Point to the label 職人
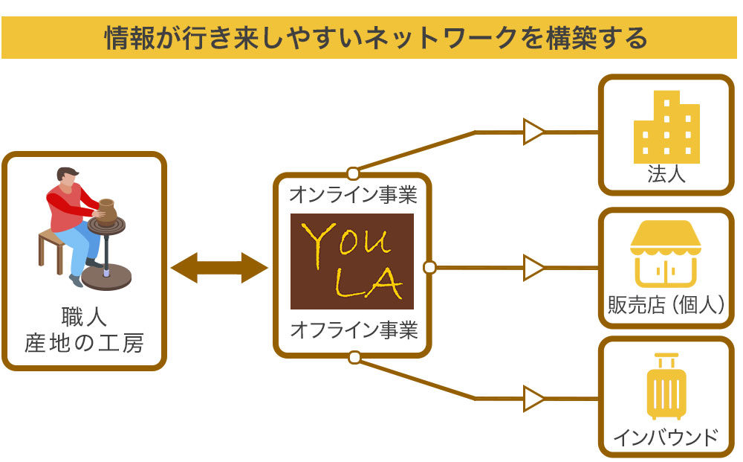click(83, 317)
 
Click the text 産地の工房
click(83, 344)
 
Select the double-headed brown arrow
click(219, 268)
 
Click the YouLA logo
click(351, 261)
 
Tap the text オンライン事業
click(352, 196)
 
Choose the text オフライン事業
click(352, 330)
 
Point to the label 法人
click(666, 176)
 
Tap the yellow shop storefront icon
click(666, 254)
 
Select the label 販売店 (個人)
click(666, 304)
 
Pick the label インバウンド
click(666, 437)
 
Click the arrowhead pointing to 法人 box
click(533, 132)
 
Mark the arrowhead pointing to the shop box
click(533, 267)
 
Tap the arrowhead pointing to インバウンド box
click(533, 399)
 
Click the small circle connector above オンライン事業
click(353, 174)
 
